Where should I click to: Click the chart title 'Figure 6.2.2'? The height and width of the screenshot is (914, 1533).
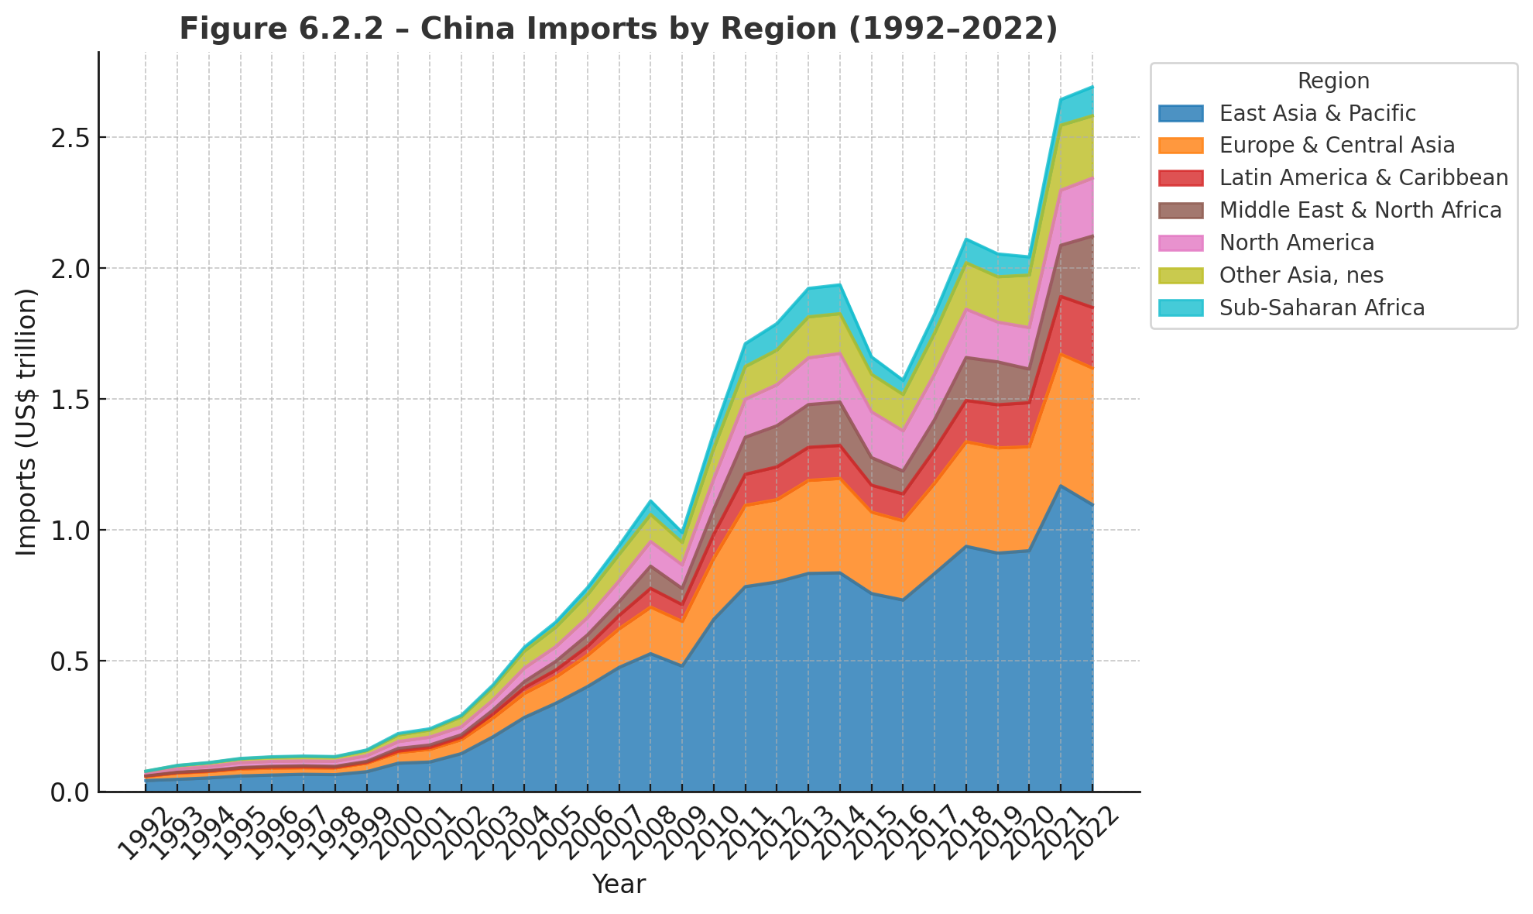click(618, 29)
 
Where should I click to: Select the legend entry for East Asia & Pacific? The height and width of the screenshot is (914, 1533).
click(1317, 113)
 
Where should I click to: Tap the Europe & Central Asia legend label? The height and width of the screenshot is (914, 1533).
click(1336, 146)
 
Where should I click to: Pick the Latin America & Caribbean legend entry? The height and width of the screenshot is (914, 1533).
click(1363, 178)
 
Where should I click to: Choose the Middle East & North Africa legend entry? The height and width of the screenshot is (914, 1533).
click(1360, 211)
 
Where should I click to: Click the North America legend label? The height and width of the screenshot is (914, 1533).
click(1296, 243)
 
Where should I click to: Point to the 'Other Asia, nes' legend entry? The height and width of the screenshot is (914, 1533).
click(1301, 276)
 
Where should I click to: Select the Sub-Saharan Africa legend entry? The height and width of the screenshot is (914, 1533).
click(1322, 308)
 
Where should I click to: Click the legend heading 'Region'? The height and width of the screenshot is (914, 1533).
click(1333, 81)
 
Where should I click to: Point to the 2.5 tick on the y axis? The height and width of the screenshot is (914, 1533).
click(71, 138)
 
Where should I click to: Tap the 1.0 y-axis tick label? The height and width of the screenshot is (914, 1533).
click(71, 531)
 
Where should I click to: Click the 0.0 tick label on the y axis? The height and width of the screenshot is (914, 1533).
click(71, 792)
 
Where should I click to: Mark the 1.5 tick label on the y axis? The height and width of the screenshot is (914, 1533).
click(71, 400)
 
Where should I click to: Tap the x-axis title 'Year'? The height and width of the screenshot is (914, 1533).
click(619, 885)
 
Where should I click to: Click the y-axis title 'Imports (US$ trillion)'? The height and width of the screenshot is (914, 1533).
click(27, 422)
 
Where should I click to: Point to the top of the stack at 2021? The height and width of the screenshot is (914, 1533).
click(1061, 100)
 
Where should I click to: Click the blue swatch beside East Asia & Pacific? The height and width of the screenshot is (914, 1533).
click(1181, 114)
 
